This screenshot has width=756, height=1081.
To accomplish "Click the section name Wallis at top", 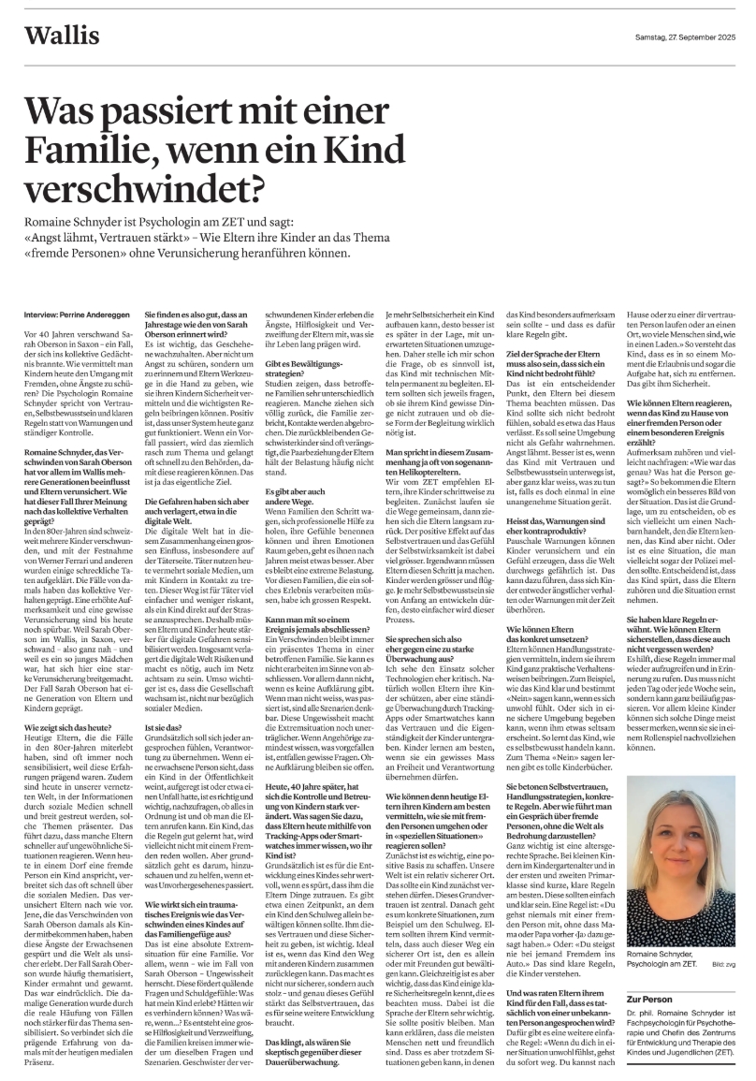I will (62, 37).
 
